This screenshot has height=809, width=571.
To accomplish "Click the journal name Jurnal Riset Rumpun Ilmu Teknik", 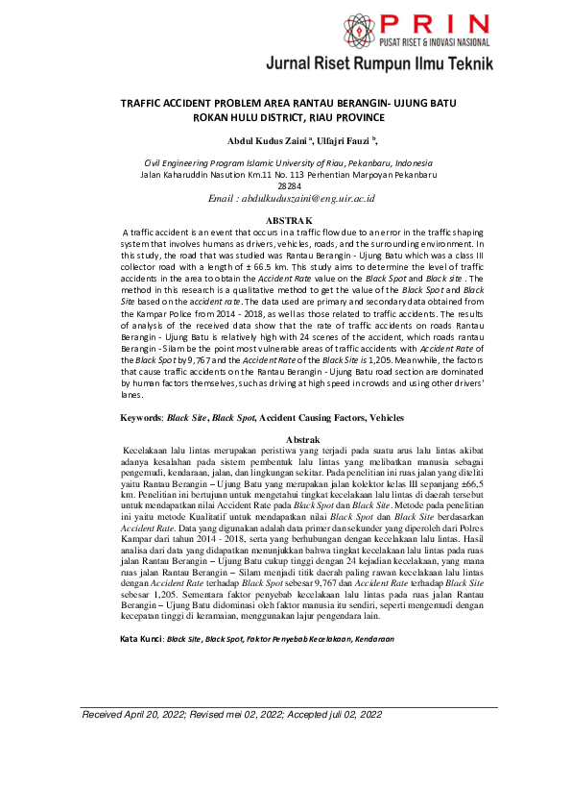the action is (x=380, y=64).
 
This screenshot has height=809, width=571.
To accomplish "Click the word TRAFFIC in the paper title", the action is (x=144, y=103).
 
